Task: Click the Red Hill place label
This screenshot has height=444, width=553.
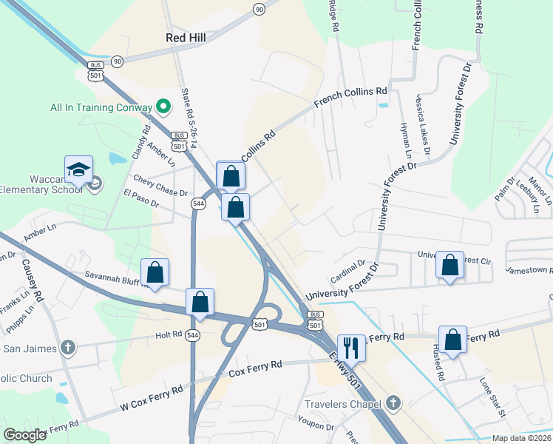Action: [186, 36]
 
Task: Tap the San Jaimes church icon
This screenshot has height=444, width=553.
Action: [68, 347]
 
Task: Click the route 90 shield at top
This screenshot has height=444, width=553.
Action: [258, 9]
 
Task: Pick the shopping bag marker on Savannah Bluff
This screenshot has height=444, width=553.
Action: [155, 272]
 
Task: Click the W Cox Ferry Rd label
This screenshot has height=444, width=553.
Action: [151, 399]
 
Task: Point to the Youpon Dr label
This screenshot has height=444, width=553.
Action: [316, 425]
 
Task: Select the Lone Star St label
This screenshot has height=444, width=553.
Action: [492, 397]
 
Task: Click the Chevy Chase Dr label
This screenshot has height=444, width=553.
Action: [160, 186]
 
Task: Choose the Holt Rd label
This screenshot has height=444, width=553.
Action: [169, 335]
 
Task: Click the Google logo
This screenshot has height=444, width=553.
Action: [24, 434]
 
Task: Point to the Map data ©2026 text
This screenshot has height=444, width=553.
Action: [521, 438]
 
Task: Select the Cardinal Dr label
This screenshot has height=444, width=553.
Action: [347, 270]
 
